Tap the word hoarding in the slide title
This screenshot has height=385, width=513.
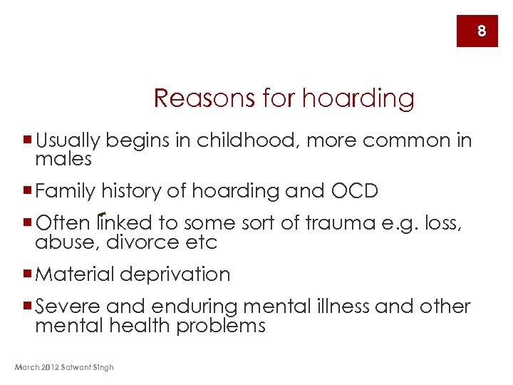click(358, 98)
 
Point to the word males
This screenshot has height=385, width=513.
click(63, 158)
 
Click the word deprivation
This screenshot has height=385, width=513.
click(175, 274)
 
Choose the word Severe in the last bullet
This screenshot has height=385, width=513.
click(68, 307)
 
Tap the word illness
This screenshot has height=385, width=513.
click(341, 307)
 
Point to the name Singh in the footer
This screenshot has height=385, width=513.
click(103, 367)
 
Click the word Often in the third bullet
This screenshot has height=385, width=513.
click(63, 223)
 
